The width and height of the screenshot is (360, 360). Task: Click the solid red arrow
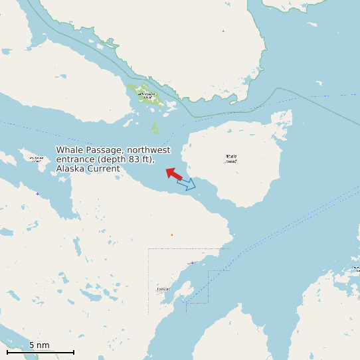(174, 174)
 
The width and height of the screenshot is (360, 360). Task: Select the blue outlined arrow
(187, 184)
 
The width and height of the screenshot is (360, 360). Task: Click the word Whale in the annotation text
(69, 150)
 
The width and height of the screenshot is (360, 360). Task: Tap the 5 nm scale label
(39, 345)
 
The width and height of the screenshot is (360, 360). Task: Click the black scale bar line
(40, 352)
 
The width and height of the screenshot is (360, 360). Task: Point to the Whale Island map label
(231, 159)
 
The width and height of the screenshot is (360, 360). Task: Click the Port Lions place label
(163, 289)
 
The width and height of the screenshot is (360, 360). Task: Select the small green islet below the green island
(155, 127)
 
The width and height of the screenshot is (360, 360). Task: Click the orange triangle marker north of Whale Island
(223, 31)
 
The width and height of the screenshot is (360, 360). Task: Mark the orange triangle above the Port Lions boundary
(171, 234)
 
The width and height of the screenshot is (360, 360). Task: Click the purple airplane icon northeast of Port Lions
(192, 263)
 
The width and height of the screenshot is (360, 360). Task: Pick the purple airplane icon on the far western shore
(37, 193)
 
